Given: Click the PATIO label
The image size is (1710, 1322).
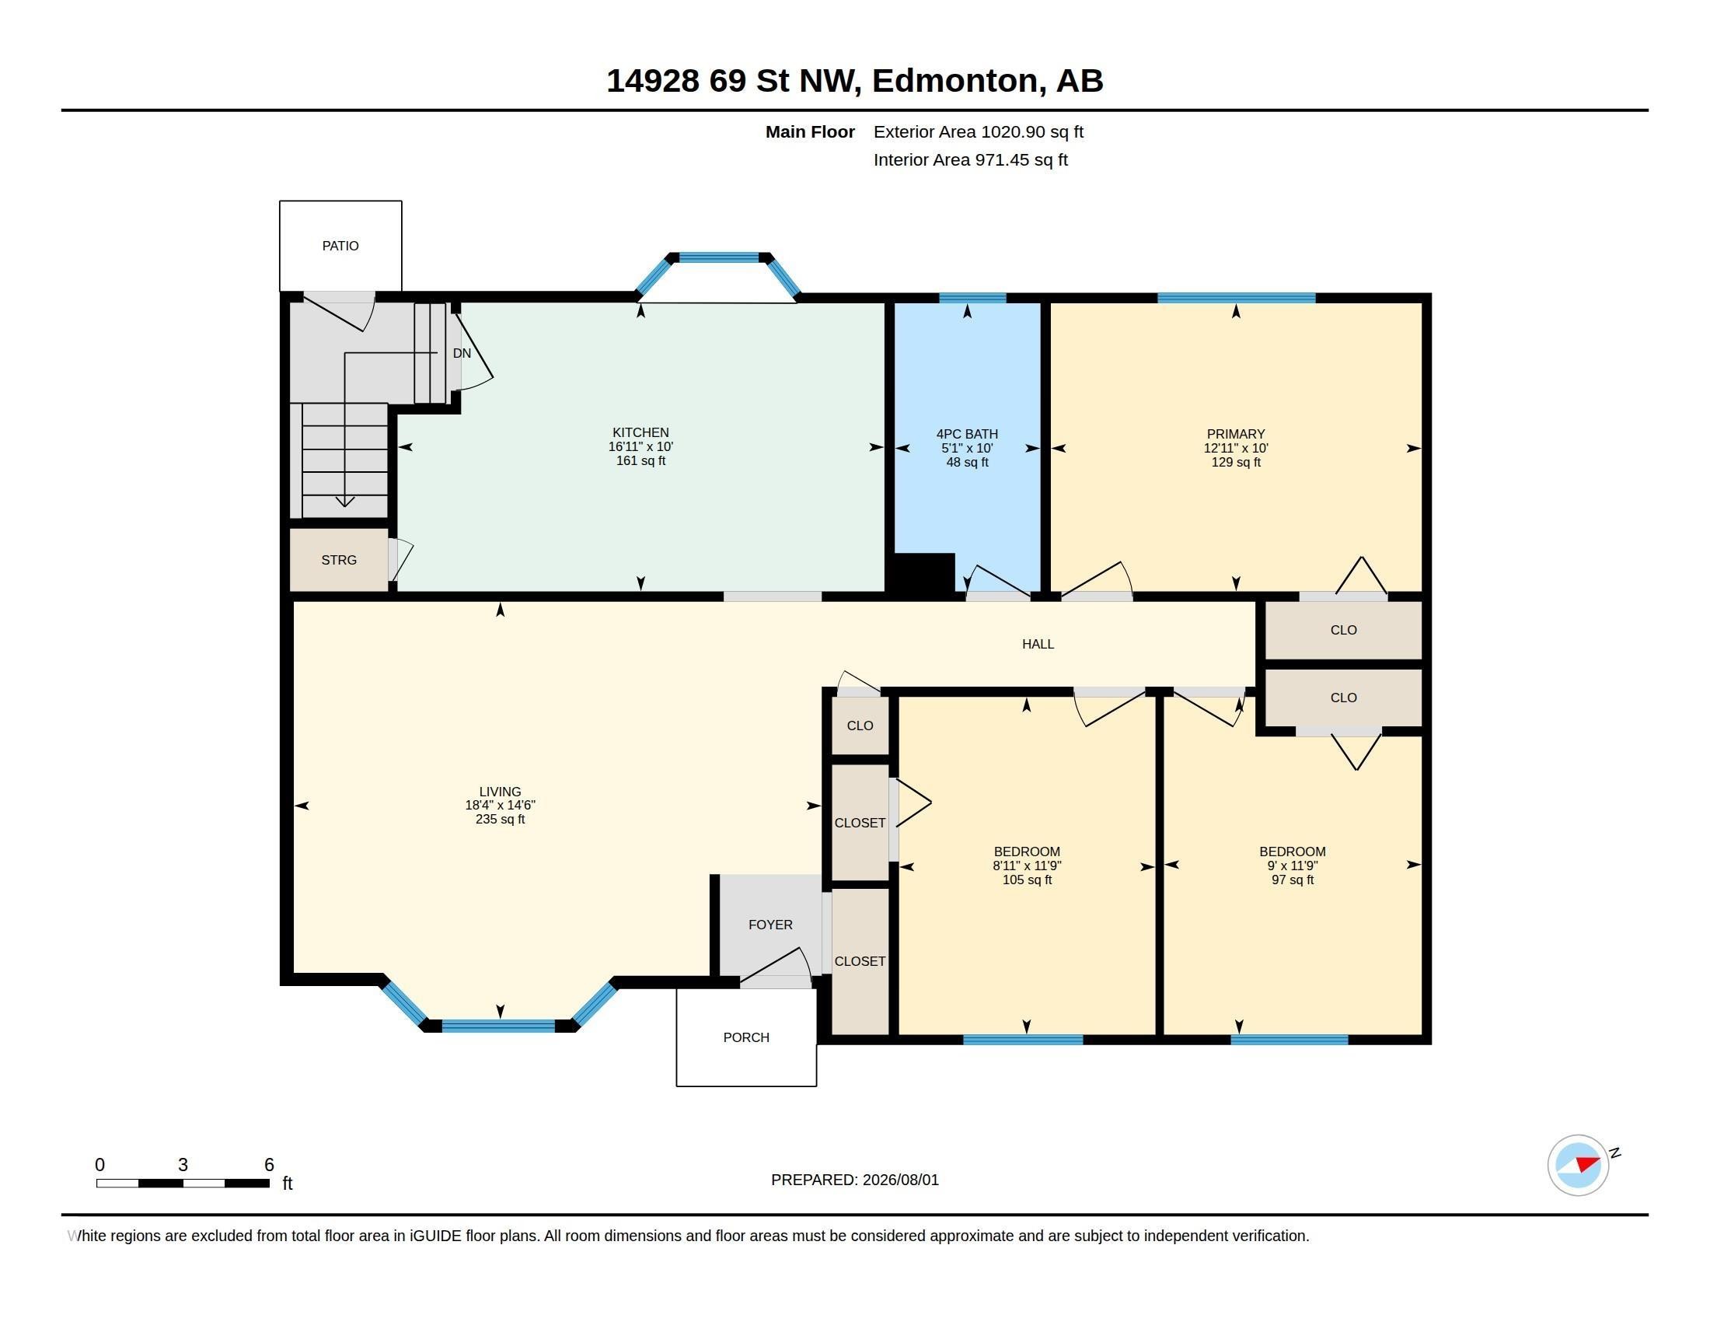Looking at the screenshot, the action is pos(340,246).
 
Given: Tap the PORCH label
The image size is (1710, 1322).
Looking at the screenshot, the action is pos(746,1037).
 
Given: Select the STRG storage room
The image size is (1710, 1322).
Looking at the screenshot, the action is pos(339,560).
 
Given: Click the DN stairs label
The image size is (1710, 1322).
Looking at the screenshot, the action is pos(462,353).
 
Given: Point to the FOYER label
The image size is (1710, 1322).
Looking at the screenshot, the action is pos(770,925).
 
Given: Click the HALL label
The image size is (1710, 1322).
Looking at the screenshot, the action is pos(1038,644).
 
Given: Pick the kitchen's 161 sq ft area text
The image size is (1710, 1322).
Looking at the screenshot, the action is pos(640,460).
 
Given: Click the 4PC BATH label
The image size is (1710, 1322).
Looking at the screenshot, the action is pos(967,434).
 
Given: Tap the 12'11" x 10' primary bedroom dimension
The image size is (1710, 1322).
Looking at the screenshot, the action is pos(1236,448).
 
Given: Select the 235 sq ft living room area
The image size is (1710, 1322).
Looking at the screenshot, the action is pos(501,819).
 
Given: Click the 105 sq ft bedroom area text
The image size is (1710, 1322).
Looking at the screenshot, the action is pos(1028,880).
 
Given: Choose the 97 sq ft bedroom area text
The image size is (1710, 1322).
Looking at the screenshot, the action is pos(1293,880).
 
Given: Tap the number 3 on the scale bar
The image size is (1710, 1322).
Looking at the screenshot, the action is pos(183,1165).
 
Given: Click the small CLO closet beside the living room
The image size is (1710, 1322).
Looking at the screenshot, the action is pos(860,726).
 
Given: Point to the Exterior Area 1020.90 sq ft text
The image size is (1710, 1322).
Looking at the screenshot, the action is pos(979,131).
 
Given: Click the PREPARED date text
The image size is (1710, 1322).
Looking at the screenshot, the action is pos(855,1180).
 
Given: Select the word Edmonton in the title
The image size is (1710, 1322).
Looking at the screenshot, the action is pos(958,81).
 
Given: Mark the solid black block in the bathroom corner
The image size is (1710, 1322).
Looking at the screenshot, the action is pos(925,572).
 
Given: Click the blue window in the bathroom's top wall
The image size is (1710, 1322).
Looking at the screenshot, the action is pos(972,298).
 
